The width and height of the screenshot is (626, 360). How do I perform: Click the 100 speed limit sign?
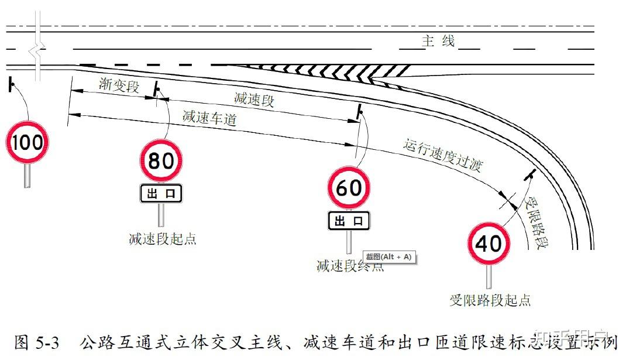point(27,142)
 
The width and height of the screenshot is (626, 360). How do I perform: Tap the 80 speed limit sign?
point(161,160)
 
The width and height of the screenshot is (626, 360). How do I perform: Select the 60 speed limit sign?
point(349,188)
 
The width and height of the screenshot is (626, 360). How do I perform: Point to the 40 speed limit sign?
point(489,243)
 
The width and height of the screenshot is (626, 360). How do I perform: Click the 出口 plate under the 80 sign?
point(161,194)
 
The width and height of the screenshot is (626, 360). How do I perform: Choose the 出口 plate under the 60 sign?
point(349,221)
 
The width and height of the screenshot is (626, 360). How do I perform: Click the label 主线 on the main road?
point(438,42)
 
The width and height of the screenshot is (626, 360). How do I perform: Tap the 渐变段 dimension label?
point(119,86)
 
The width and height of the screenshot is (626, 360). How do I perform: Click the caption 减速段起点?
point(162,239)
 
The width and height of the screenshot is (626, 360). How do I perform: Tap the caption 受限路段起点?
point(490,300)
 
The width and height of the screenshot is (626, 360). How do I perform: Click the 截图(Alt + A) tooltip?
point(389,257)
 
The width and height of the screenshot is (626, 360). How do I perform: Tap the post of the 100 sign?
point(27,175)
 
